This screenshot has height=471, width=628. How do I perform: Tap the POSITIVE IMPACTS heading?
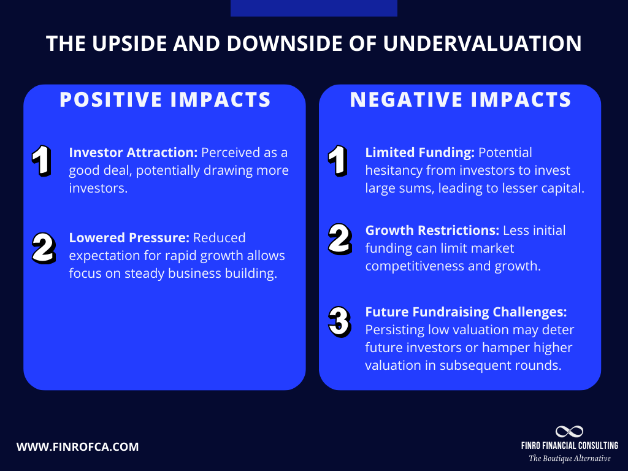165,99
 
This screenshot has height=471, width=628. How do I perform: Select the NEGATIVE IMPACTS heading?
461,99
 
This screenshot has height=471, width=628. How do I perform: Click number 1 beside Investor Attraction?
42,161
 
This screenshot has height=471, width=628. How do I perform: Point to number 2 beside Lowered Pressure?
43,247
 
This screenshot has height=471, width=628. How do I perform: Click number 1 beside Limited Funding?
337,161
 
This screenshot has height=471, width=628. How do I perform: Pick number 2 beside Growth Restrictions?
339,240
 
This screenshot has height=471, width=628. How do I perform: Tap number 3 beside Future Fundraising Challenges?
339,321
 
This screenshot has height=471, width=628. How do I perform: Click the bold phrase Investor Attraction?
134,153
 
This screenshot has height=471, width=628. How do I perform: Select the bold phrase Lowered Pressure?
129,238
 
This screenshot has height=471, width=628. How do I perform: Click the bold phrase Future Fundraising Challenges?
466,312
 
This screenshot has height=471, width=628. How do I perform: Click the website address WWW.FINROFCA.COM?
78,447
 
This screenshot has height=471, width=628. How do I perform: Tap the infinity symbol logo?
569,432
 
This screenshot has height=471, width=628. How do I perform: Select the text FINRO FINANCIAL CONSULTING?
569,446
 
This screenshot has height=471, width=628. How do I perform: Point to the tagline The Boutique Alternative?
569,458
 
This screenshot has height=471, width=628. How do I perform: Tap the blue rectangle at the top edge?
313,8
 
